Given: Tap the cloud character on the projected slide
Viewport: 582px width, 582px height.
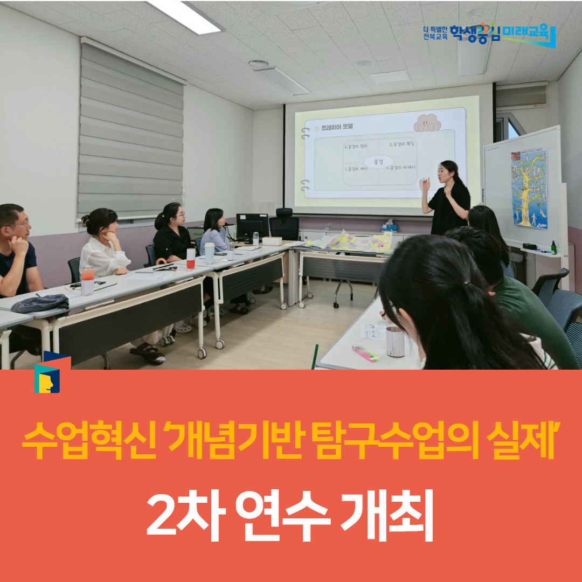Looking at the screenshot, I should point(427,122).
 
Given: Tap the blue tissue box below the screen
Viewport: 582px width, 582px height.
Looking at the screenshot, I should point(389,227).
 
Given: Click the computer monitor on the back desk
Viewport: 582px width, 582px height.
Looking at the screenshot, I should point(252,226).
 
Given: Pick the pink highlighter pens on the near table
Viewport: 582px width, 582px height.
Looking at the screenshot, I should point(365,354).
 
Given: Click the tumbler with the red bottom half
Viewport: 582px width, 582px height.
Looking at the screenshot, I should point(191,258).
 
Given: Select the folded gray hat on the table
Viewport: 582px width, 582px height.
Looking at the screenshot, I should point(40,304).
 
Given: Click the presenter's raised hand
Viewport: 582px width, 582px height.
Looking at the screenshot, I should point(425,184).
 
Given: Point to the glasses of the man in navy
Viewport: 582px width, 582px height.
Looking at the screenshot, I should point(20,223).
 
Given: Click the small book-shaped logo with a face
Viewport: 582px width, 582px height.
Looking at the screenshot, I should point(52,372).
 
